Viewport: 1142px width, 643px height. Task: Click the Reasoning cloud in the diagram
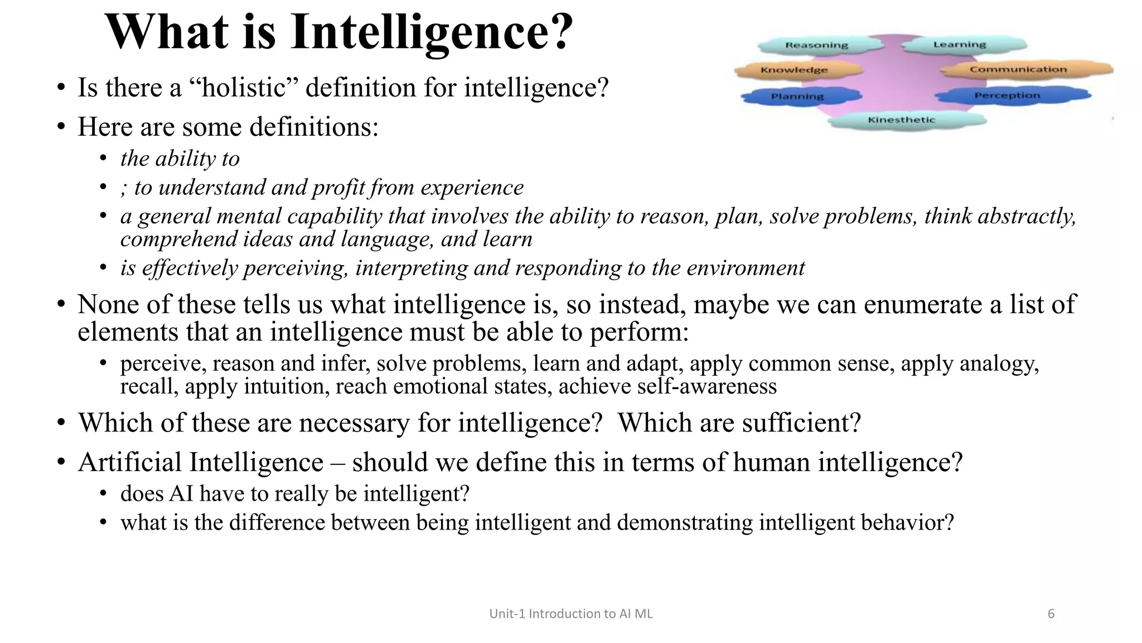click(x=816, y=45)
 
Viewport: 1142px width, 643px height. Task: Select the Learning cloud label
click(x=960, y=45)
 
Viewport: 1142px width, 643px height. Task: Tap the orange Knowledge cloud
click(x=794, y=70)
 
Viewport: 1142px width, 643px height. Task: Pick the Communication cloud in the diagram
click(x=1018, y=69)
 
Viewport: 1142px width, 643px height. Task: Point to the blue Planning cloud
click(x=797, y=97)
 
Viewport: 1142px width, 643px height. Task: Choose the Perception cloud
click(x=1007, y=95)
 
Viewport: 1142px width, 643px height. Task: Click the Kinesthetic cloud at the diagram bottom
click(x=901, y=120)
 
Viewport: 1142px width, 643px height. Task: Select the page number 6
click(x=1051, y=614)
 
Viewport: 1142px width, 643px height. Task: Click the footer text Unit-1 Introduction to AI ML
click(x=570, y=614)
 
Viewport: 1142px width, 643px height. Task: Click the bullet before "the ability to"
click(x=103, y=159)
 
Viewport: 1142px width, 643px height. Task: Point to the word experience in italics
click(x=472, y=188)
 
